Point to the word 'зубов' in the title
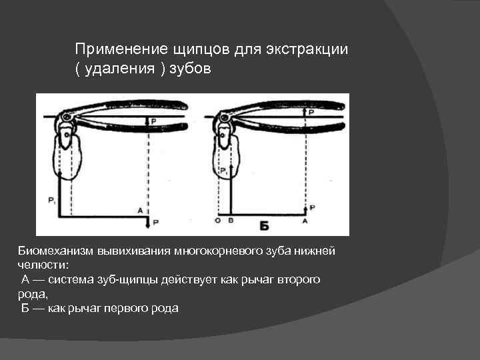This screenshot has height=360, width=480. point(193,70)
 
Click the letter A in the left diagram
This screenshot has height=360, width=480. point(139,210)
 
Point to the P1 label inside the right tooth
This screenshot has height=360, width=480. point(224,171)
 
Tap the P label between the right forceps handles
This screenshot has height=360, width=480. point(311,113)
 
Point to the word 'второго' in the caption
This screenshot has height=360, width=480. point(298,280)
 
